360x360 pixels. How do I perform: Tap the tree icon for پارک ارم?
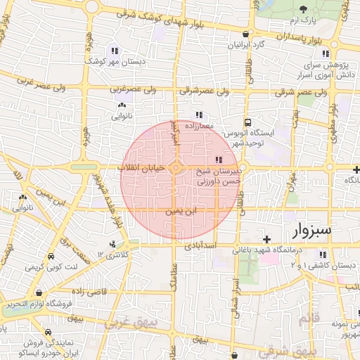click(304, 9)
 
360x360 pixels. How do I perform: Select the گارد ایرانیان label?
click(244, 44)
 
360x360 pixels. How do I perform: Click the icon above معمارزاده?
click(199, 114)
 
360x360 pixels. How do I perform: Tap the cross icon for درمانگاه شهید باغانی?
click(266, 240)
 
